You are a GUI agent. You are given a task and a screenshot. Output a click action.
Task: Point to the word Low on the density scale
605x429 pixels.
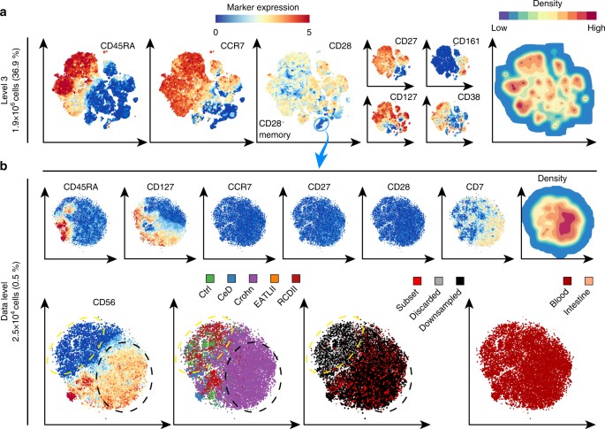[497, 30]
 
